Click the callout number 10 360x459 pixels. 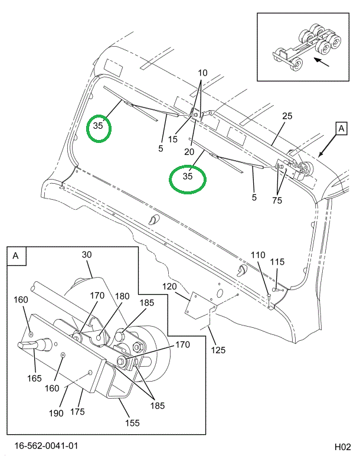click(202, 73)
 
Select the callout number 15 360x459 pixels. click(172, 139)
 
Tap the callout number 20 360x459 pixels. click(189, 151)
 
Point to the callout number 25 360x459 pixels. click(287, 116)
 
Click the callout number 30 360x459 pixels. click(87, 255)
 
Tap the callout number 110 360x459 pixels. click(257, 255)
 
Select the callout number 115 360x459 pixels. click(278, 262)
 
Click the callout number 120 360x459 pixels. click(170, 287)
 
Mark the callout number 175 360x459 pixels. click(78, 411)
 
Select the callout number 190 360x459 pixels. click(56, 414)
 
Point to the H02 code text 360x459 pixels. click(343, 446)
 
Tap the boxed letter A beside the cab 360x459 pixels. click(341, 128)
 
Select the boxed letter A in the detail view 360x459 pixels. click(15, 256)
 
